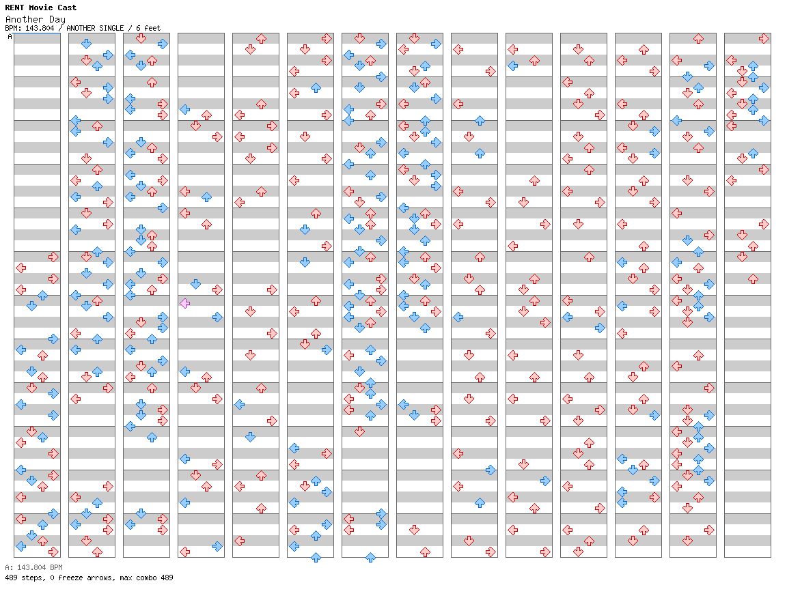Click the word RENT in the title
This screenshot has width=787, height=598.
(14, 8)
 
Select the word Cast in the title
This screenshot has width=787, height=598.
(67, 8)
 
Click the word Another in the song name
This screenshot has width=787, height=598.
(25, 19)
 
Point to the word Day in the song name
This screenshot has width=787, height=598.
(57, 20)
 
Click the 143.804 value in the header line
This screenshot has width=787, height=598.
(40, 28)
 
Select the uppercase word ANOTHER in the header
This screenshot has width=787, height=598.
(81, 28)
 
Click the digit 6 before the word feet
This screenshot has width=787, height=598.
(138, 28)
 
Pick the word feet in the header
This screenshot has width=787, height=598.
(152, 28)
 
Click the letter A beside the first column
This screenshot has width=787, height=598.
(10, 37)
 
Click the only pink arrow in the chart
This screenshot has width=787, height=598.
(184, 303)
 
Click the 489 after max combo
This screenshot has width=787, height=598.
(167, 578)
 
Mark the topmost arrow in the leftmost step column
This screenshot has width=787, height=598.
(53, 257)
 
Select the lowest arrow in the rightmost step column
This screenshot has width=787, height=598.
(753, 279)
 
